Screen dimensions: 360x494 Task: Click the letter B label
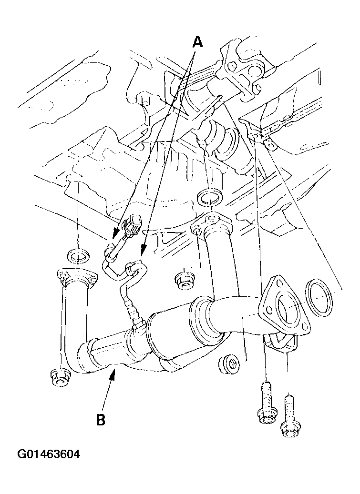pyautogui.click(x=101, y=420)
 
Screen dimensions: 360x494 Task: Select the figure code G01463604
pyautogui.click(x=49, y=454)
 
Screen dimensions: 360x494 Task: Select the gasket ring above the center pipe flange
pyautogui.click(x=210, y=198)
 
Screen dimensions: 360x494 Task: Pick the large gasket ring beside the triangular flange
pyautogui.click(x=319, y=297)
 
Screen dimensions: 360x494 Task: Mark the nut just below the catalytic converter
pyautogui.click(x=228, y=364)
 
